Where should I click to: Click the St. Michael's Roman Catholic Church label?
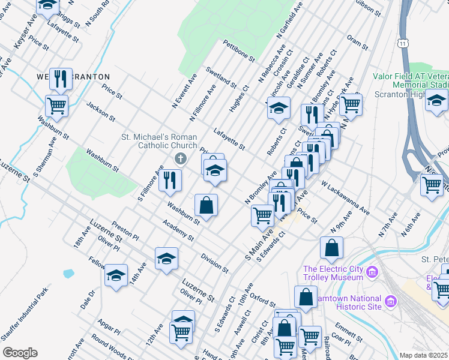point(160,141)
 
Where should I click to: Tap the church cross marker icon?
point(179,158)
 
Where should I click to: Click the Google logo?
point(20,353)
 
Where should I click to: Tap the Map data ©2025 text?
point(424,355)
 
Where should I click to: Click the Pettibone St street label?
point(238,53)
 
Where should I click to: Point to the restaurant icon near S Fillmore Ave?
point(170,179)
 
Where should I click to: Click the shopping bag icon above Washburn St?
point(206,205)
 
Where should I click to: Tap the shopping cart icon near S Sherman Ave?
point(56,106)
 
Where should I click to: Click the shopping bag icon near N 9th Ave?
point(331,247)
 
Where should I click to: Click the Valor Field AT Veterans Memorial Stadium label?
point(411,80)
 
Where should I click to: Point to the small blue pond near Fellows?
point(68,274)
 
